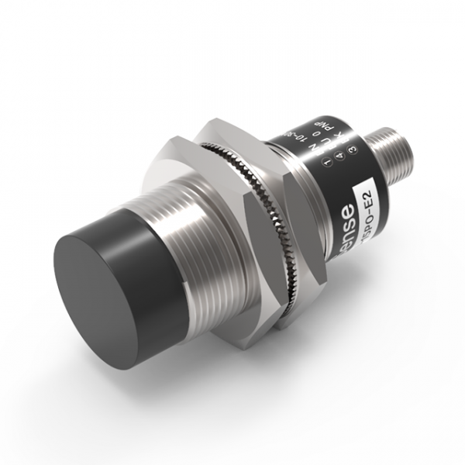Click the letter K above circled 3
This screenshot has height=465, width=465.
338,135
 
